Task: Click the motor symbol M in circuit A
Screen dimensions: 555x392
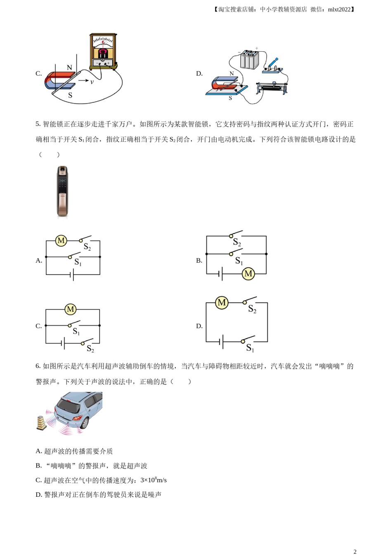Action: [61, 241]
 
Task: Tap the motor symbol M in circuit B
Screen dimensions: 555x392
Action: [248, 273]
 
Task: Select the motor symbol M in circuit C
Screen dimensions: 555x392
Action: [71, 309]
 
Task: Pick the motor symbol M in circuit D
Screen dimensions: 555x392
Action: [222, 303]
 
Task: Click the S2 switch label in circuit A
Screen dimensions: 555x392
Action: [87, 247]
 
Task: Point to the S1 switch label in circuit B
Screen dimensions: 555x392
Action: [239, 261]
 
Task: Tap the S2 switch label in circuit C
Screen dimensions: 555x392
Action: [90, 349]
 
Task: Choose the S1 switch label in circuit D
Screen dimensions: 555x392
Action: [250, 348]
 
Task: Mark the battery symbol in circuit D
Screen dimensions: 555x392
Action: [222, 342]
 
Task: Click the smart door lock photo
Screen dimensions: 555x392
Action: [62, 191]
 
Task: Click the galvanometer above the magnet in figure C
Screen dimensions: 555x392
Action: [103, 52]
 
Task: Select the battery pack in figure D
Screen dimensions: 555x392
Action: [249, 59]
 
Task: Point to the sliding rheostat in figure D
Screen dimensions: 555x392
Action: [272, 88]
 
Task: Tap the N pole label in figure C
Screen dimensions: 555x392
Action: [69, 67]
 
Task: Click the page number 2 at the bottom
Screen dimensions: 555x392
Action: [355, 551]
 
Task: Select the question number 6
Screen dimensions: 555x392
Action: [38, 366]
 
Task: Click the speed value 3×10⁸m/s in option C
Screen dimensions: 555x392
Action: [153, 480]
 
